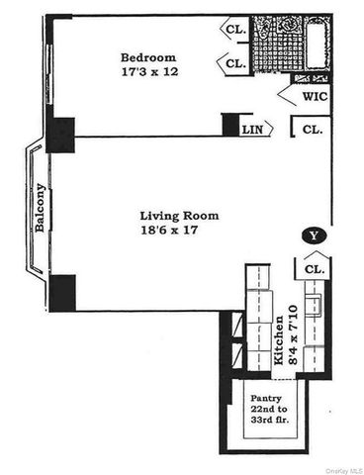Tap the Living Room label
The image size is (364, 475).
tap(179, 215)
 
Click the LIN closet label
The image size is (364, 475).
tap(253, 129)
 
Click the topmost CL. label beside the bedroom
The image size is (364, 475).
tap(235, 29)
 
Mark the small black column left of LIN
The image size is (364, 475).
tap(230, 126)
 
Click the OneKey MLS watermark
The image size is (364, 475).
tap(339, 468)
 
